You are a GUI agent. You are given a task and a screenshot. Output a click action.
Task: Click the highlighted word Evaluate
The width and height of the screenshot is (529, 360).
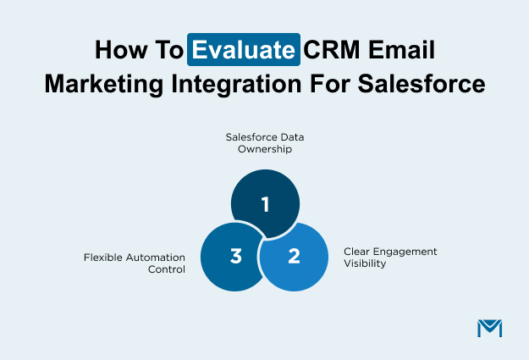coord(244,49)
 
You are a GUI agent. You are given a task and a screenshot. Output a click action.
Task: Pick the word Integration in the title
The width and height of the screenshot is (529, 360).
coord(247,84)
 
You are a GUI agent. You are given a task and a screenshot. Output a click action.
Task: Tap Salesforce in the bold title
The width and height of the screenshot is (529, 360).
coord(419,84)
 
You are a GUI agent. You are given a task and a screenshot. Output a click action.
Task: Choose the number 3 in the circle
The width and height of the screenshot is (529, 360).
coord(235,255)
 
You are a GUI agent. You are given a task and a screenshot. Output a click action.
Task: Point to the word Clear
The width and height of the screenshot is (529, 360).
coord(358,252)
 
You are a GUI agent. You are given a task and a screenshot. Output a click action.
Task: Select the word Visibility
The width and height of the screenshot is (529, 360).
coord(366,263)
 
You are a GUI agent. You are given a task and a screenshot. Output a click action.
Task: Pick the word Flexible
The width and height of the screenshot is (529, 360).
coord(103,257)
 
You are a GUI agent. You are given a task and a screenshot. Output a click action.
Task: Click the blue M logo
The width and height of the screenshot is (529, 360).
coord(489,328)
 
